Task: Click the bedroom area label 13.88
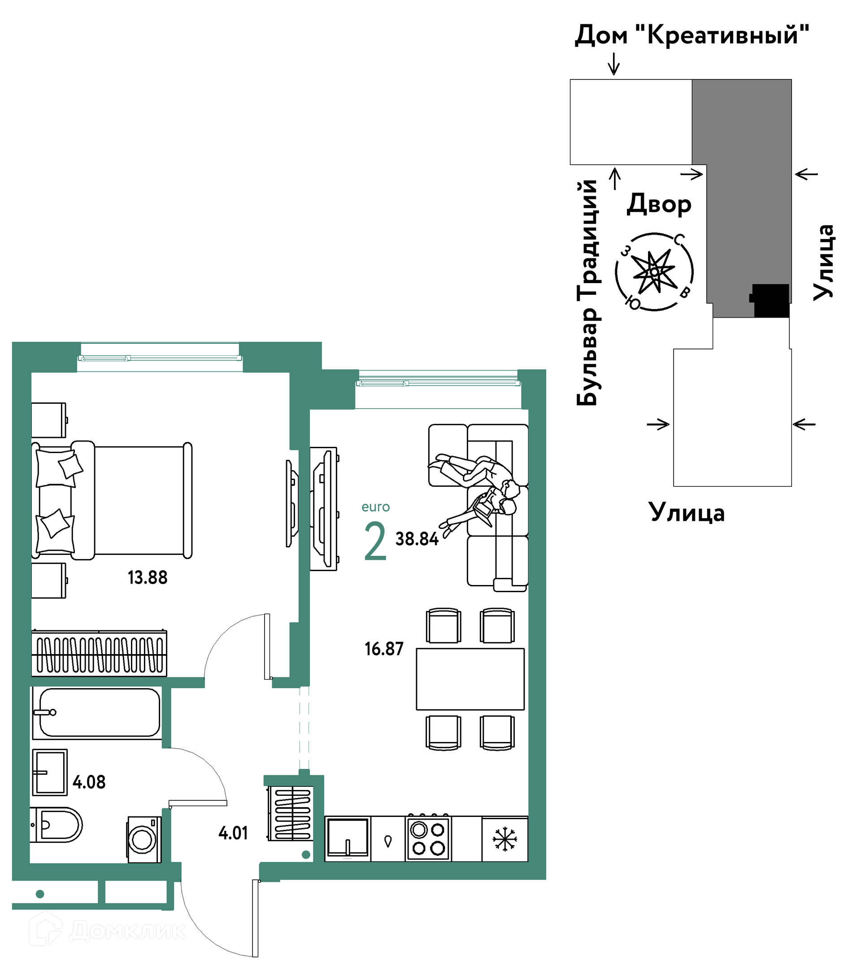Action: tap(148, 577)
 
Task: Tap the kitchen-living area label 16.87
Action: tap(384, 649)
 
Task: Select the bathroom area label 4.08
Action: tap(89, 782)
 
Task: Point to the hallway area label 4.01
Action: tap(233, 833)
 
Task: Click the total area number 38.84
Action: tap(417, 539)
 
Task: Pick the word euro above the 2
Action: tap(376, 507)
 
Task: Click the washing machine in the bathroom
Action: tap(144, 839)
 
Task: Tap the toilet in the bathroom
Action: tap(56, 825)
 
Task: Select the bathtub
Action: tap(97, 712)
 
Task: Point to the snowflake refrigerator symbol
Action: tap(504, 839)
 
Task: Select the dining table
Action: tap(470, 679)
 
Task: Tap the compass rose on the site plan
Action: tap(654, 272)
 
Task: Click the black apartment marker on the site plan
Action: tap(771, 301)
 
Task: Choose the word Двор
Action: tap(659, 204)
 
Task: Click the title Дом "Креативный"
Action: tap(692, 35)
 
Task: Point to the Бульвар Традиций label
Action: tap(587, 292)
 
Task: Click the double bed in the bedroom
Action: tap(112, 500)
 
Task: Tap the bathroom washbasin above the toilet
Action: tap(50, 772)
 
